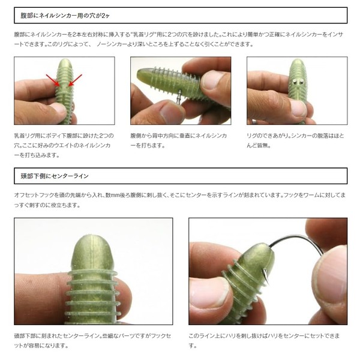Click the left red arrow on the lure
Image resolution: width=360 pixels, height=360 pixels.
[53, 80]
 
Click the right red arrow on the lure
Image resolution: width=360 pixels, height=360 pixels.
[76, 80]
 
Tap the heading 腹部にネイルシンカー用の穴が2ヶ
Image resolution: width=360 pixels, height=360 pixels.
[65, 16]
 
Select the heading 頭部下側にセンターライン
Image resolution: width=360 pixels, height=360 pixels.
[55, 176]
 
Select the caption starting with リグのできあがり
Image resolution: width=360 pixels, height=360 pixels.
[295, 140]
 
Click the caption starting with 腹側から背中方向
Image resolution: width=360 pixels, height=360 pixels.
[179, 140]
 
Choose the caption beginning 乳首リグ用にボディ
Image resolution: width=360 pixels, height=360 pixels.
[64, 145]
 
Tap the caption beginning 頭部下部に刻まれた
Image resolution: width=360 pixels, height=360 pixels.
[92, 341]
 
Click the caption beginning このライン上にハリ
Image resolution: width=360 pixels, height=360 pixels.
[264, 341]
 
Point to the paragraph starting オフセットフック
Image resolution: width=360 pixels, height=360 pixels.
[180, 200]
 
